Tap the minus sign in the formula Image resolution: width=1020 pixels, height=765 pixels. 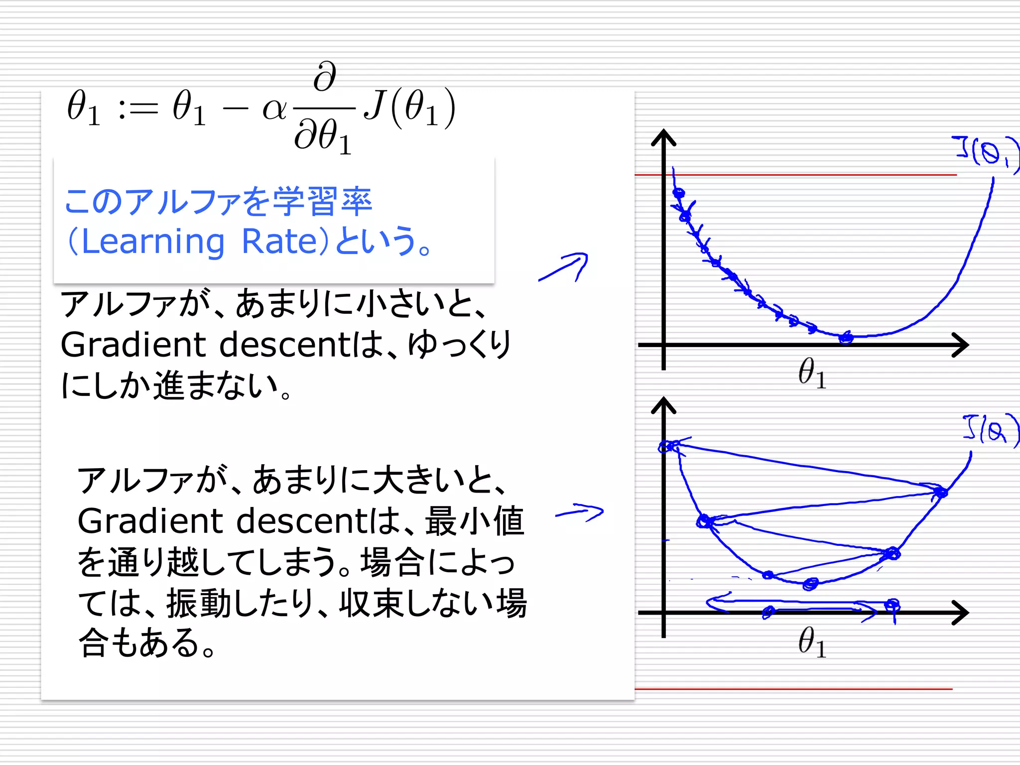pos(235,109)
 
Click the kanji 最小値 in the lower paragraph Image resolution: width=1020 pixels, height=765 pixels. pos(475,521)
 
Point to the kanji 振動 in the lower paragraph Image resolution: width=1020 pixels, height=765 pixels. pos(198,603)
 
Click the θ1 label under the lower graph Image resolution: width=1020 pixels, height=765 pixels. pos(812,642)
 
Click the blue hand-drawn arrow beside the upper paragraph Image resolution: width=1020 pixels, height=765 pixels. pos(565,267)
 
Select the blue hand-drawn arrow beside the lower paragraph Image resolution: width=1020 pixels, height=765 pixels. pos(580,512)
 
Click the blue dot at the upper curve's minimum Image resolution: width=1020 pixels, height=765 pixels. pos(845,338)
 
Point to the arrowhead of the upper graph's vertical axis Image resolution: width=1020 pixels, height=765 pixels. pos(663,137)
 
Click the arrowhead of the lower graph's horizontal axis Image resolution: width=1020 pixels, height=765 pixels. pos(960,612)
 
